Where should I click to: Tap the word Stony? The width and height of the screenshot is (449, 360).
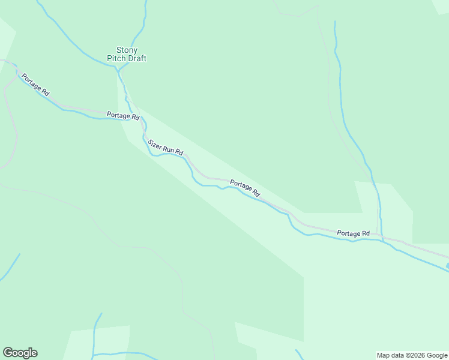[x=127, y=50]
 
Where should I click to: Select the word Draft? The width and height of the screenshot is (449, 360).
[x=136, y=59]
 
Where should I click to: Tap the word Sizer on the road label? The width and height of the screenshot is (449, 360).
[x=155, y=144]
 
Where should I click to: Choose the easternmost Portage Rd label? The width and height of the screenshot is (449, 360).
[x=353, y=233]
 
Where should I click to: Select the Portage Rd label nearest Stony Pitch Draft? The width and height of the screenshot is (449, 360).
[x=123, y=115]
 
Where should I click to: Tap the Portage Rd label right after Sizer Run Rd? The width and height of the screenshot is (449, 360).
[x=245, y=189]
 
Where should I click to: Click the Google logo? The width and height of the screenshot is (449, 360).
[x=20, y=353]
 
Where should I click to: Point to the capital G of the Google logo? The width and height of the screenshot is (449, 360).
[x=8, y=353]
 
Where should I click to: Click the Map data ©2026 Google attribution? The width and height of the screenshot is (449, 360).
[x=412, y=355]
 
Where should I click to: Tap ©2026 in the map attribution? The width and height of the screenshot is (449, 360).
[x=414, y=355]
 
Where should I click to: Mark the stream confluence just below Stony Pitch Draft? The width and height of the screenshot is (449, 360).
[x=118, y=68]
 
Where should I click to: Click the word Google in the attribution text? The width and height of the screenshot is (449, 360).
[x=436, y=355]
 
